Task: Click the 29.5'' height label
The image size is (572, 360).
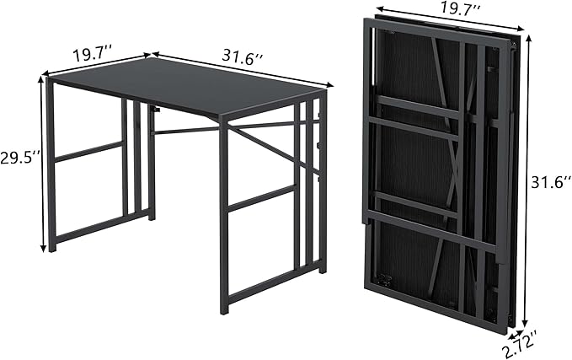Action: (19, 159)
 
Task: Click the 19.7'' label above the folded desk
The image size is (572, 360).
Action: (459, 8)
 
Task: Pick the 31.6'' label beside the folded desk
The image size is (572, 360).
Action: (551, 183)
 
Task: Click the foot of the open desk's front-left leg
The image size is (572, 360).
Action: (52, 248)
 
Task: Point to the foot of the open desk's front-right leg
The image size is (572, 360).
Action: (224, 310)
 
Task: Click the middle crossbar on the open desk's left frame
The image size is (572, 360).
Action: (89, 152)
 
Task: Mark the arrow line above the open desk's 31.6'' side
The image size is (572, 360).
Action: (243, 69)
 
